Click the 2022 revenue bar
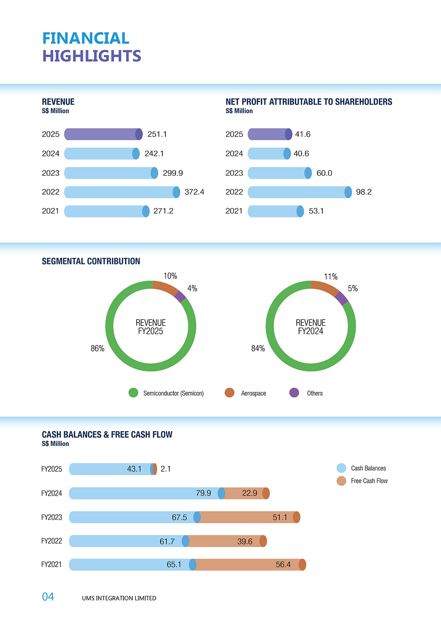(121, 192)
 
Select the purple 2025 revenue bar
(103, 134)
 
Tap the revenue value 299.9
(172, 173)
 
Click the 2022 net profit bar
(299, 192)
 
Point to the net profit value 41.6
(303, 134)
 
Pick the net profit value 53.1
(316, 211)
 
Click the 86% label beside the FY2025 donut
(97, 349)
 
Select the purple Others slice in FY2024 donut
(341, 299)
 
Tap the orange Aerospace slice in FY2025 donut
(165, 287)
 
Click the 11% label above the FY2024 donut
(331, 277)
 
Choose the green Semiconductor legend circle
(133, 393)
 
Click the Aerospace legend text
(254, 393)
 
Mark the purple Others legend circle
(294, 393)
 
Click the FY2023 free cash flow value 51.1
(280, 517)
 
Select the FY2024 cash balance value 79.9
(203, 493)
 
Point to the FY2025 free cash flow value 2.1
(165, 469)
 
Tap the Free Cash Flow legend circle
(341, 481)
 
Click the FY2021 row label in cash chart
(52, 564)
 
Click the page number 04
(48, 597)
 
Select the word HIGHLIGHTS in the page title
(92, 56)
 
